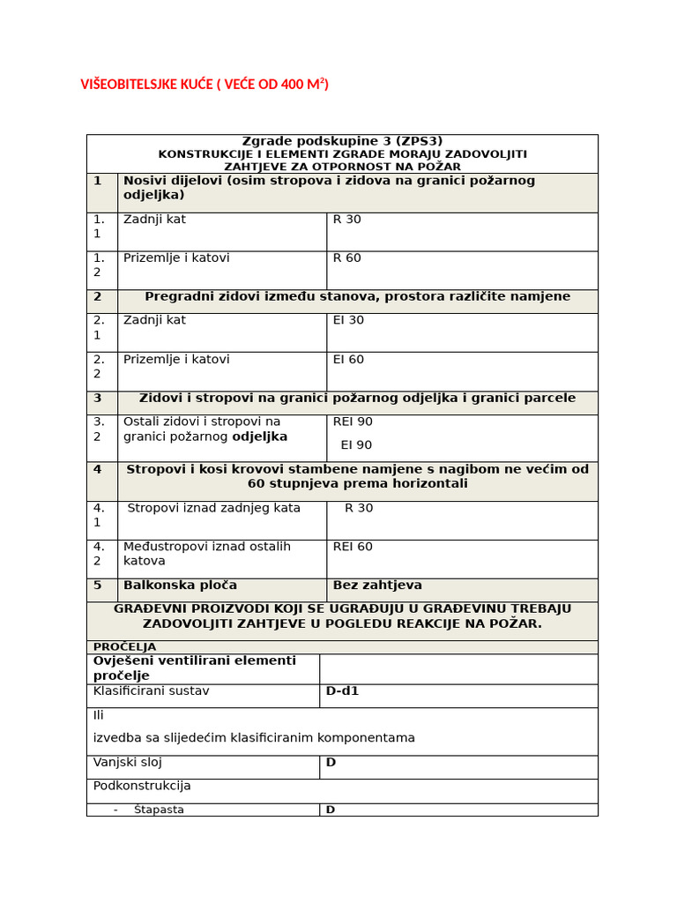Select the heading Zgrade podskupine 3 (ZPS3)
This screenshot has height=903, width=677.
[342, 141]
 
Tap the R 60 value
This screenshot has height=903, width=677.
[346, 258]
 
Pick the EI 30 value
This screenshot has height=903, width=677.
[348, 320]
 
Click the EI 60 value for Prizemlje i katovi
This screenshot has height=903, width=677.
[348, 360]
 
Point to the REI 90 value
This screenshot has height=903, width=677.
[353, 422]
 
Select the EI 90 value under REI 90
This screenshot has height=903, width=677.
[356, 445]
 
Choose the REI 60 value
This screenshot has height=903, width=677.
[353, 547]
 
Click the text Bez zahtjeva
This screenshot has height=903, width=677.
[377, 586]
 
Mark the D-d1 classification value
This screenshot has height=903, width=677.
[342, 691]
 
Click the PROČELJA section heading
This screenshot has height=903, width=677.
[124, 647]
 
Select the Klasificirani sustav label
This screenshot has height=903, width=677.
[151, 691]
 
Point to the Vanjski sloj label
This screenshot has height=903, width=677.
[128, 763]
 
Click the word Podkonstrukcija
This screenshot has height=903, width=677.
[142, 786]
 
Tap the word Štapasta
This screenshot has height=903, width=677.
[159, 810]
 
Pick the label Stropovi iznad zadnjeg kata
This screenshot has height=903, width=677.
[214, 508]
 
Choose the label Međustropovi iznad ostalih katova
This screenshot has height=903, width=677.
[206, 554]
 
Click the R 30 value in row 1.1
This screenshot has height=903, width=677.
[346, 220]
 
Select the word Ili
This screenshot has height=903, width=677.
[99, 715]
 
